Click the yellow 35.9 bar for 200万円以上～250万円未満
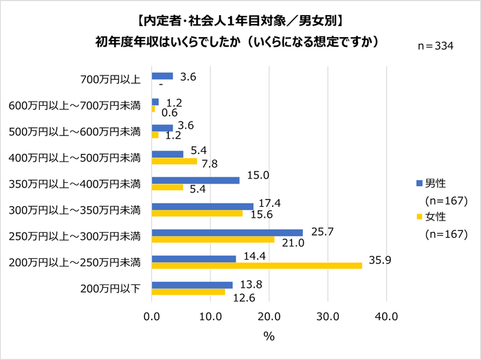pos(256,266)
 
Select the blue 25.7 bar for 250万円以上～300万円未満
pos(227,232)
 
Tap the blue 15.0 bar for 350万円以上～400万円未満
pos(195,180)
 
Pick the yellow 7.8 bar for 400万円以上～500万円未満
pos(175,161)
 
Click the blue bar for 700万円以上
pos(162,76)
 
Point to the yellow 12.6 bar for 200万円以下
pos(188,292)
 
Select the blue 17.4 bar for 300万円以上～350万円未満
pos(203,206)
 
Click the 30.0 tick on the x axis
pos(328,317)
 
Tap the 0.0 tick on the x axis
pos(152,317)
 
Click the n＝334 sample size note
pos(440,46)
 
